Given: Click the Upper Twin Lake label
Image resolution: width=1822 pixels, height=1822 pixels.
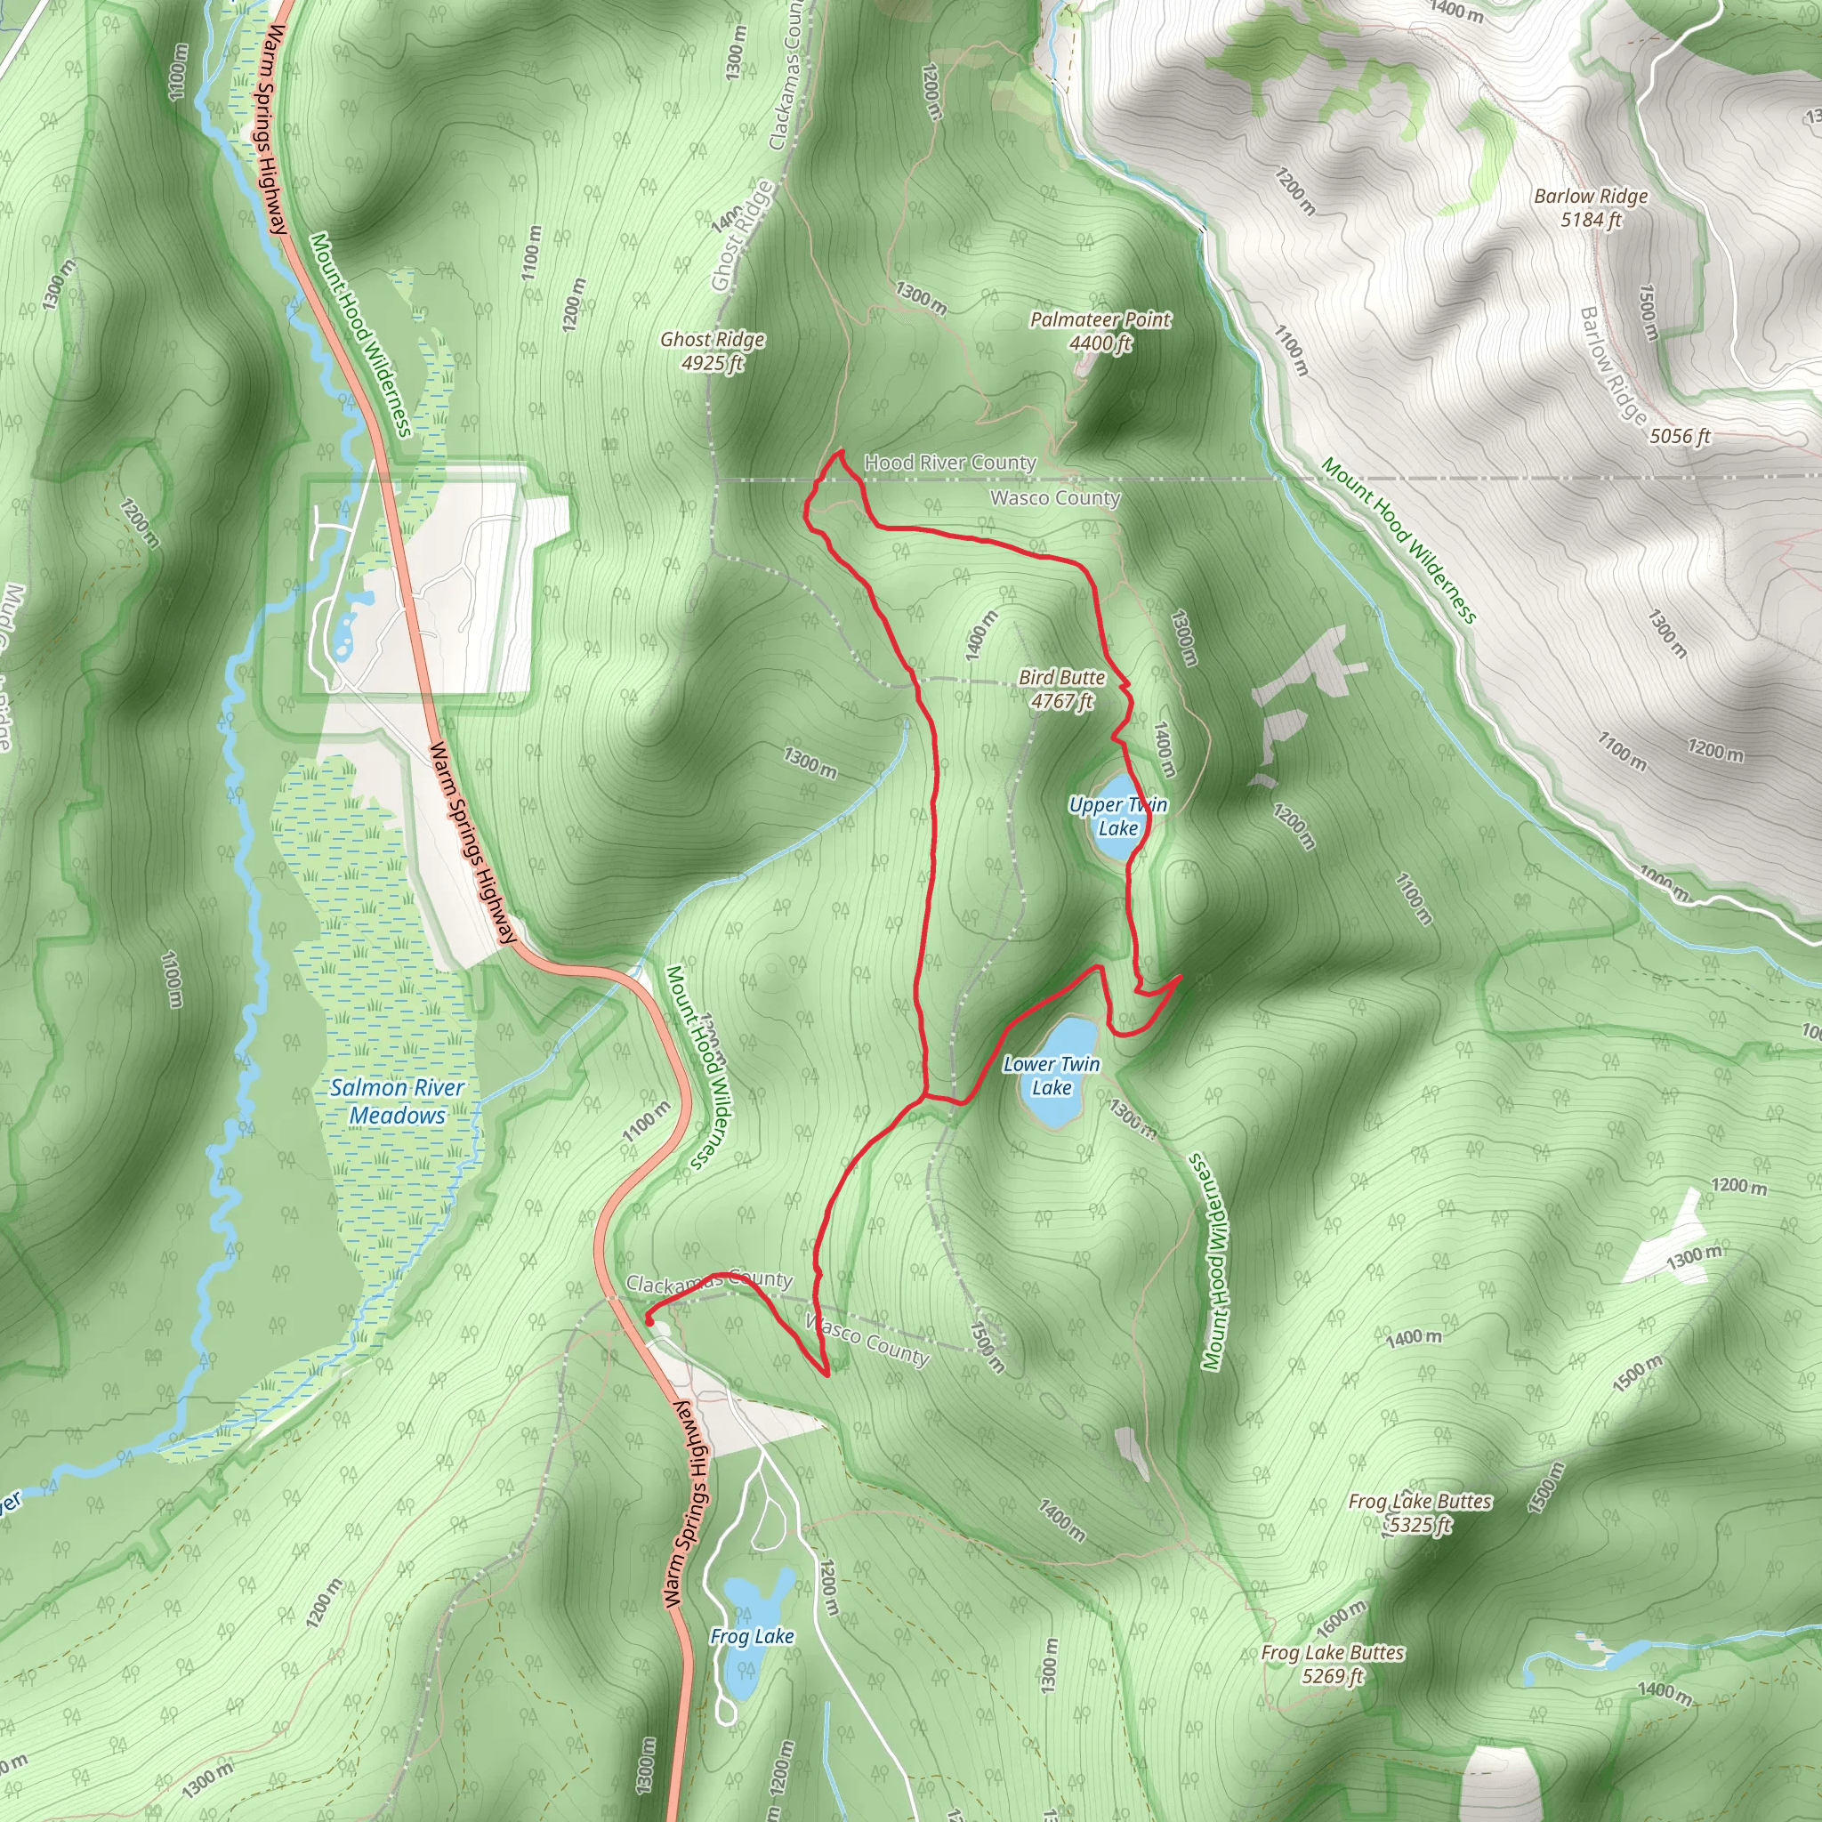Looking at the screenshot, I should pos(1117,816).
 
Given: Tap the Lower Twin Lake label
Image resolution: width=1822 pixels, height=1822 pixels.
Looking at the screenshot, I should pos(1051,1075).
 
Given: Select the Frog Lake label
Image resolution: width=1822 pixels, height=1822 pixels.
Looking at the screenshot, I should pos(752,1636).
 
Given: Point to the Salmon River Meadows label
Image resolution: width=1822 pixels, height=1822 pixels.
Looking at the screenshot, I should pos(397,1100).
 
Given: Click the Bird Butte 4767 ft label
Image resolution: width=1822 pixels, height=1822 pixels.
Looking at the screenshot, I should pos(1062,689).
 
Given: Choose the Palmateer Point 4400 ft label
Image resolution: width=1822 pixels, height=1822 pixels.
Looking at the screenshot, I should pos(1100,331).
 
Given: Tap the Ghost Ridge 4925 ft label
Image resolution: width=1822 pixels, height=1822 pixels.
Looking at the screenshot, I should pos(712,351).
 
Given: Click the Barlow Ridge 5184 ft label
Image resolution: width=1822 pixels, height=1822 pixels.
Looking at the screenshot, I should pos(1591,207).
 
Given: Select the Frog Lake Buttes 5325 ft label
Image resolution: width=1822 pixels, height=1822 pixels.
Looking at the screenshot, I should pos(1419,1512).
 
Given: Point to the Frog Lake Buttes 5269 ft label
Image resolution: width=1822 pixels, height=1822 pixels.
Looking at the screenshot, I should pos(1333,1664).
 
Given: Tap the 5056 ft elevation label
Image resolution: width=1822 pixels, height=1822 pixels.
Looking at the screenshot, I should pos(1680,436).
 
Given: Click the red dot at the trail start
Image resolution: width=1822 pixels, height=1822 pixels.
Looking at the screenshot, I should pos(649,1321).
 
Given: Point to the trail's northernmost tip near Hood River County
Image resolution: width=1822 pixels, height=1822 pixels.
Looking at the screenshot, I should pos(837,454).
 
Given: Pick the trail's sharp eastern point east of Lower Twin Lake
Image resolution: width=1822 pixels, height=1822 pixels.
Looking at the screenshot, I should pos(1180,978).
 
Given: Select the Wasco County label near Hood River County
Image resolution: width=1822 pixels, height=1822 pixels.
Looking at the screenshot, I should pos(1055,497).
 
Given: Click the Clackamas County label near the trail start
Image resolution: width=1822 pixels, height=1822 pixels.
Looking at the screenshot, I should pos(709,1283).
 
